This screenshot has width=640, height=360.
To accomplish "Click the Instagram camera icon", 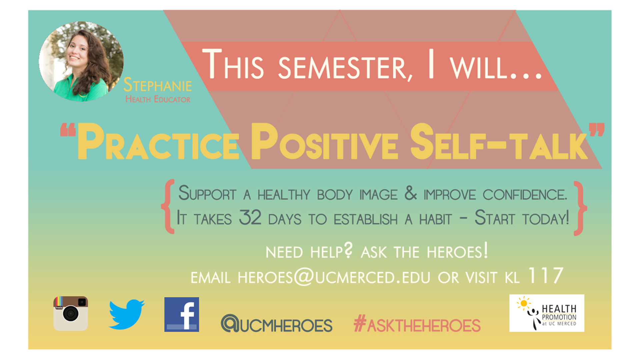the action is coord(71,314).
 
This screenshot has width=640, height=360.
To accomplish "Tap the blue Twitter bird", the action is coord(127,314).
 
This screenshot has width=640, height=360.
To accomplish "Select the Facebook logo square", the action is coord(182,314).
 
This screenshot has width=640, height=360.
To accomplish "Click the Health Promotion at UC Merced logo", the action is coord(547,313).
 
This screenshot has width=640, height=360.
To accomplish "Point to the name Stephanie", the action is coord(158,85).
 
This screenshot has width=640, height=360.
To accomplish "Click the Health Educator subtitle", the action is coord(158,99).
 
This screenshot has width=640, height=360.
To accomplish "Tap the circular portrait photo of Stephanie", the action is coord(81,62).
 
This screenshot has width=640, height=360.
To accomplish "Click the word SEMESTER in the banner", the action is coord(346,68).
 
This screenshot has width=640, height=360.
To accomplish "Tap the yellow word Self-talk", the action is coord(499,142).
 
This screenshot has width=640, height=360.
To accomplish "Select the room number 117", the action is coord(546,276).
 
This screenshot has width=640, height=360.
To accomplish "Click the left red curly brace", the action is coord(168,206).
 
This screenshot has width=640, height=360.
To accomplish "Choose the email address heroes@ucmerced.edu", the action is coord(334,277).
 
